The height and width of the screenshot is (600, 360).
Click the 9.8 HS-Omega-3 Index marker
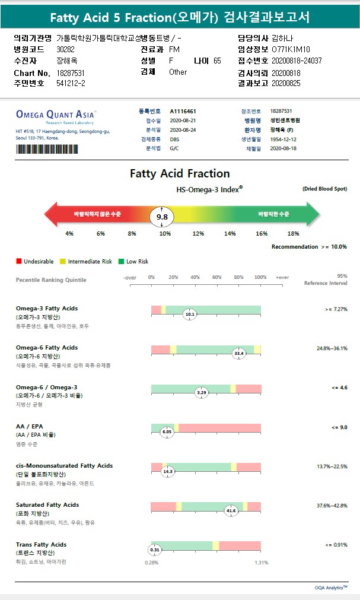(162, 217)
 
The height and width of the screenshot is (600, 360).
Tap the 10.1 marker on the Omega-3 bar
(190, 314)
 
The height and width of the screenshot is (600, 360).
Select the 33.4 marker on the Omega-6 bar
(239, 353)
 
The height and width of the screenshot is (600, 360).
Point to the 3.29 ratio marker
(202, 392)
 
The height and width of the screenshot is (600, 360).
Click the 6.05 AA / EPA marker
(167, 432)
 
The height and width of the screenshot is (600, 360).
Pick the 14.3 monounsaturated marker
(168, 471)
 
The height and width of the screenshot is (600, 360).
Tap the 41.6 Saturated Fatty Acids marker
(231, 510)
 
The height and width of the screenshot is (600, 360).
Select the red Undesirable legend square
(19, 261)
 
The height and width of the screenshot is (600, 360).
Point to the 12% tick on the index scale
(198, 234)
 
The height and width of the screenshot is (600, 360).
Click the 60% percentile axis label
(217, 277)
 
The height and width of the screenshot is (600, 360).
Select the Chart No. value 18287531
(71, 72)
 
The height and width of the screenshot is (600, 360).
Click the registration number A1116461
(183, 111)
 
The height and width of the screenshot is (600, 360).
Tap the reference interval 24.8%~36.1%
(332, 348)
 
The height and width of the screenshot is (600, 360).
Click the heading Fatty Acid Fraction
(180, 173)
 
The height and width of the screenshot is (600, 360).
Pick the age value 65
(217, 61)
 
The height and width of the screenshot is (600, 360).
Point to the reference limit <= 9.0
(339, 427)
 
